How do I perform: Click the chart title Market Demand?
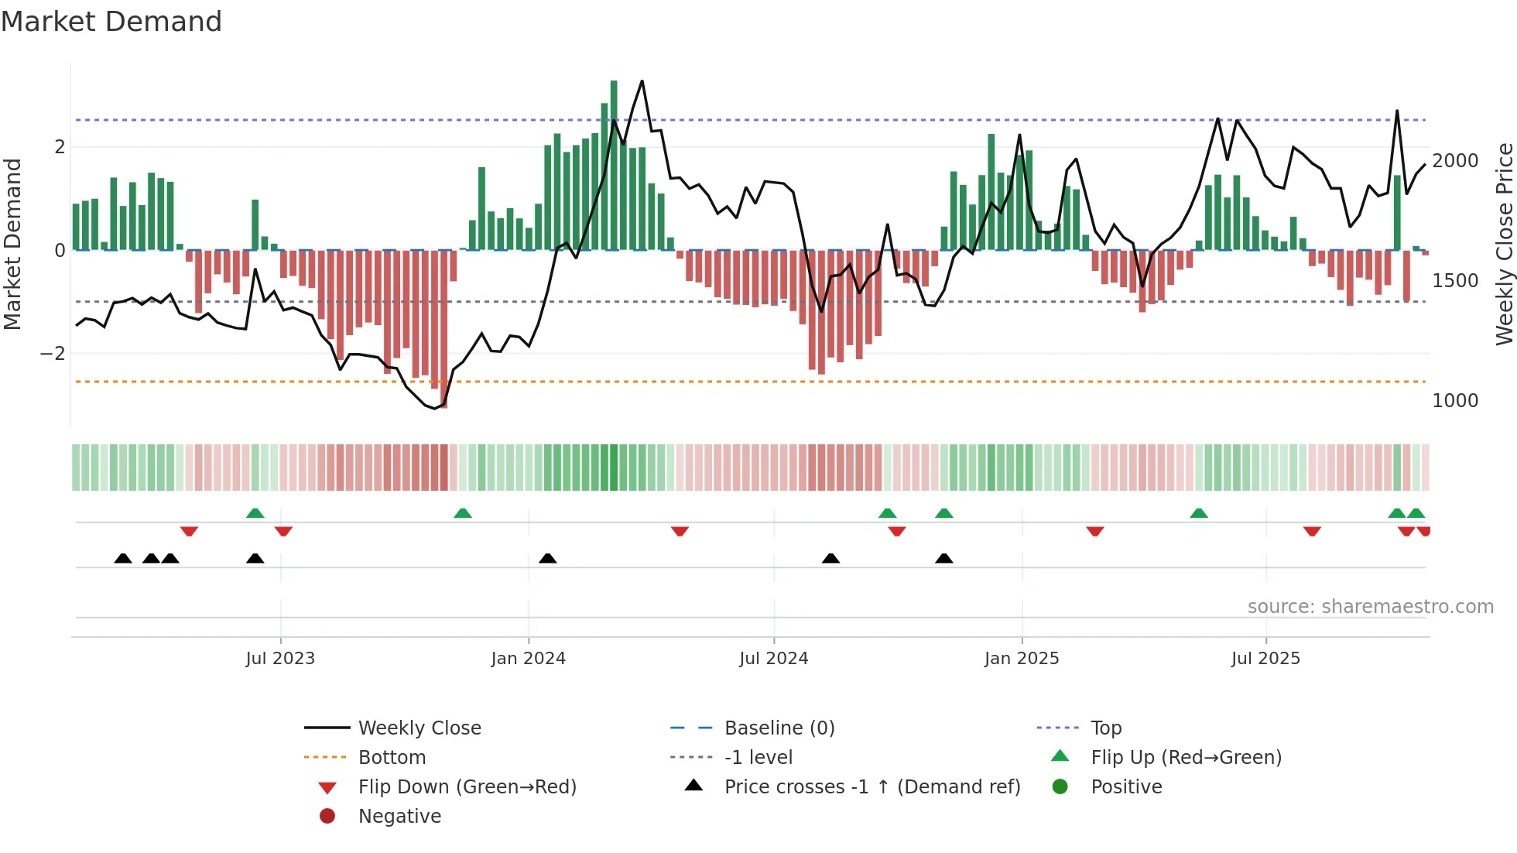pyautogui.click(x=111, y=22)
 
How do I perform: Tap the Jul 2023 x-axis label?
pyautogui.click(x=280, y=659)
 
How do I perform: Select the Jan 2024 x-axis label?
pyautogui.click(x=528, y=659)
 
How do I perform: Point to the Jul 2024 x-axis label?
pyautogui.click(x=773, y=659)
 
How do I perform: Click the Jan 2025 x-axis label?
pyautogui.click(x=1022, y=659)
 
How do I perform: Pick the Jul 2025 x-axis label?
pyautogui.click(x=1265, y=659)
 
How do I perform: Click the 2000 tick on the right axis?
pyautogui.click(x=1455, y=161)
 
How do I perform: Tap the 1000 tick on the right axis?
pyautogui.click(x=1455, y=401)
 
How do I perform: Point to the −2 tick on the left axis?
pyautogui.click(x=53, y=354)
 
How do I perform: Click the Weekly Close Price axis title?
pyautogui.click(x=1504, y=244)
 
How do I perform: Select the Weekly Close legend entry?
pyautogui.click(x=419, y=728)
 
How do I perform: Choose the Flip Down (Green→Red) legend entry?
pyautogui.click(x=467, y=787)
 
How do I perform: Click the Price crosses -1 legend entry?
pyautogui.click(x=872, y=787)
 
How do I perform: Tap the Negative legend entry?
pyautogui.click(x=399, y=817)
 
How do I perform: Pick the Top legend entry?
pyautogui.click(x=1105, y=728)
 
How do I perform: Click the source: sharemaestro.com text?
pyautogui.click(x=1370, y=607)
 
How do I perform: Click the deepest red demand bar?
pyautogui.click(x=443, y=329)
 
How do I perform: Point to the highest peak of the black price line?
pyautogui.click(x=642, y=81)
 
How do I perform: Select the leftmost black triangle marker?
pyautogui.click(x=123, y=558)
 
